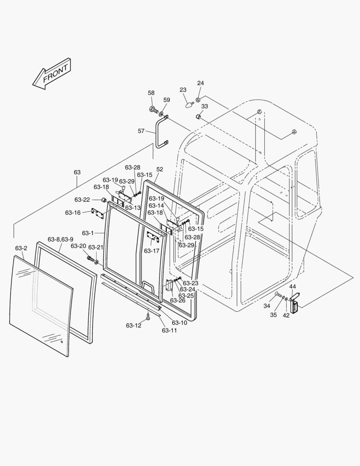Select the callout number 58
pos(151,93)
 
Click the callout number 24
pos(200,83)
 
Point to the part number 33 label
pos(204,106)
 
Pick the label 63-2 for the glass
pos(21,248)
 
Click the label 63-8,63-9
pos(60,239)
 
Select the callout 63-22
pos(82,199)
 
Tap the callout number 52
pos(160,170)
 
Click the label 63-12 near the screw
pos(134,325)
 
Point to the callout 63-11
pos(170,330)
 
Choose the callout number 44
pos(292,287)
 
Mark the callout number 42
pos(286,315)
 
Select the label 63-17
pos(151,250)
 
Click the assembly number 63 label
pos(77,172)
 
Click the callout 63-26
pos(178,300)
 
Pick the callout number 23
pos(183,90)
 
